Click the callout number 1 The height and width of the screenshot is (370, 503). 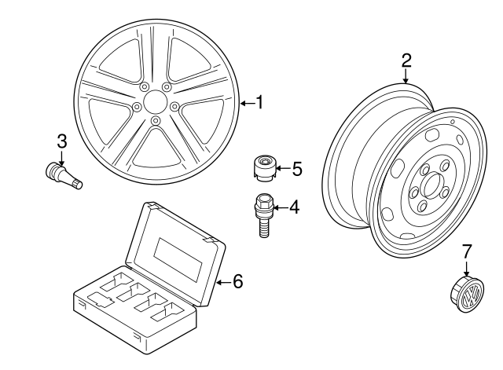click(259, 103)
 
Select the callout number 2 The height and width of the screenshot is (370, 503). click(406, 60)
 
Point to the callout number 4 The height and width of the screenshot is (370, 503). click(294, 207)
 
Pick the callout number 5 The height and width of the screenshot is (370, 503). click(296, 168)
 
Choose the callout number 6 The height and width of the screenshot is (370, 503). click(238, 281)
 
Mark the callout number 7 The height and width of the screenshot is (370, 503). click(467, 251)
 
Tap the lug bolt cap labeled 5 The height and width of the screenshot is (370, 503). click(266, 167)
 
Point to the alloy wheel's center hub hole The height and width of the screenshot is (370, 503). click(156, 102)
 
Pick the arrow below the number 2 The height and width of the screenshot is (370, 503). click(406, 76)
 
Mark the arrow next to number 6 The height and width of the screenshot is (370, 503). click(223, 281)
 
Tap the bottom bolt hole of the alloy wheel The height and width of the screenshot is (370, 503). click(156, 119)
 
